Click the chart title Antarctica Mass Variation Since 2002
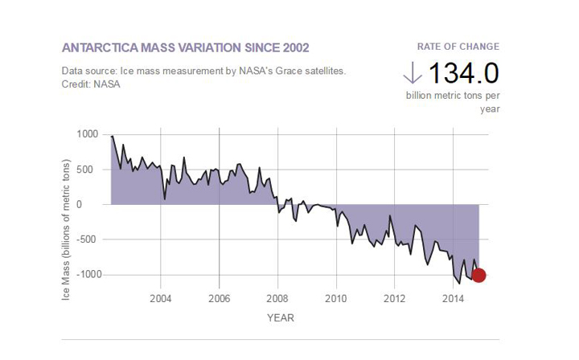185,47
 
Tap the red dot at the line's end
479,275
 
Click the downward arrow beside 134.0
413,73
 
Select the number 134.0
463,73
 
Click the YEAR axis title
281,317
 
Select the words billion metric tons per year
452,101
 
